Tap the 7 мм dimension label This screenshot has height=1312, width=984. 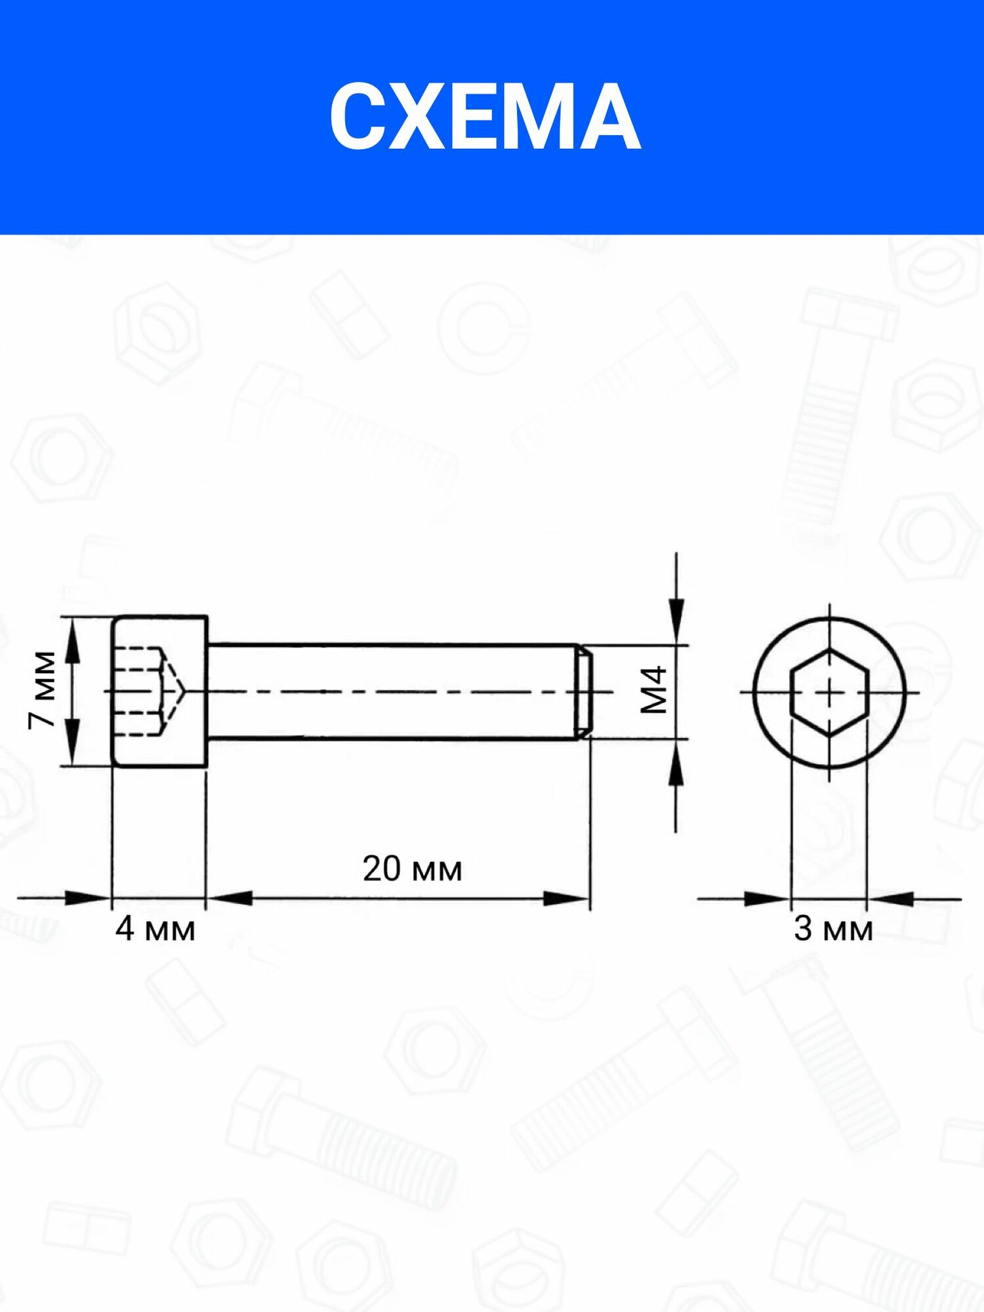click(x=43, y=690)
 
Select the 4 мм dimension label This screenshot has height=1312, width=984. click(x=155, y=930)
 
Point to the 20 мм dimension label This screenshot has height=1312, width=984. click(x=412, y=869)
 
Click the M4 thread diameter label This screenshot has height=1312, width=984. click(x=655, y=690)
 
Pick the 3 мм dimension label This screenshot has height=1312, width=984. click(x=833, y=929)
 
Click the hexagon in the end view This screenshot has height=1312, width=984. click(x=830, y=692)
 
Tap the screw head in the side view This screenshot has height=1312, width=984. click(x=160, y=691)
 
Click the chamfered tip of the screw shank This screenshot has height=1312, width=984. click(x=584, y=692)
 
